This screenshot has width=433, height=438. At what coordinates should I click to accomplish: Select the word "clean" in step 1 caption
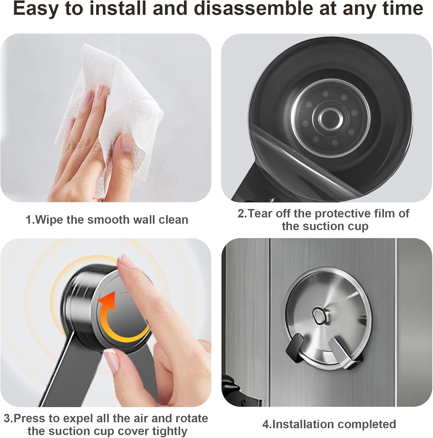click(x=173, y=220)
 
